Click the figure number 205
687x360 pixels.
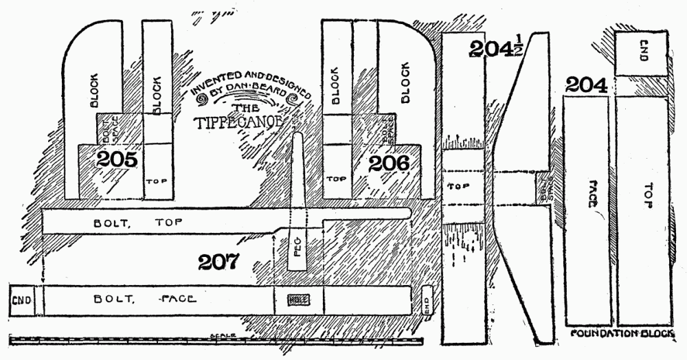click(x=120, y=160)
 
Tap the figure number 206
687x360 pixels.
click(x=389, y=164)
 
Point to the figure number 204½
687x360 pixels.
click(x=495, y=49)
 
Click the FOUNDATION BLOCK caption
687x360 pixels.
click(x=622, y=333)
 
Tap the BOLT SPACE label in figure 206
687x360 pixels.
click(x=385, y=129)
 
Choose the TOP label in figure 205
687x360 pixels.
click(x=158, y=181)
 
